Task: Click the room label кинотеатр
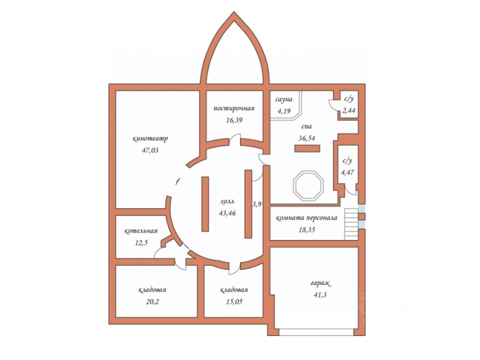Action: pos(150,138)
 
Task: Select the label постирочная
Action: pos(234,109)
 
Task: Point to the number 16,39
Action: pos(234,120)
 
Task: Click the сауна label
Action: pos(283,99)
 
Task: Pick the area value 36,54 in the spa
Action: pos(306,138)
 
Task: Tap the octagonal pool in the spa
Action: pos(307,185)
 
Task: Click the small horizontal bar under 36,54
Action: pos(307,149)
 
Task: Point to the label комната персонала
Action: pos(307,218)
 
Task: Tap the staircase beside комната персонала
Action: pos(351,223)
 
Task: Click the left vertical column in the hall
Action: pos(205,204)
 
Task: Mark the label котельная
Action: pos(141,231)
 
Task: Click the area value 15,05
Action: pos(234,301)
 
